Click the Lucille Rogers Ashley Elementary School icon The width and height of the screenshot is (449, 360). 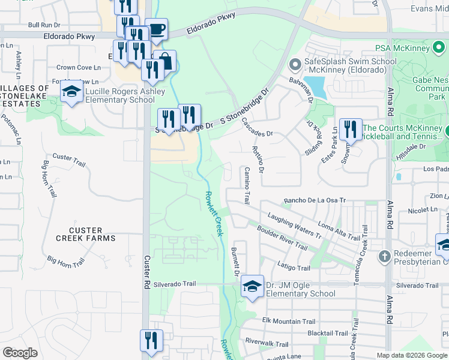click(x=71, y=92)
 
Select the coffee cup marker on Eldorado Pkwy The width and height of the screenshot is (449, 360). click(x=156, y=29)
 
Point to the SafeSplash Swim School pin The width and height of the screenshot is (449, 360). click(x=295, y=64)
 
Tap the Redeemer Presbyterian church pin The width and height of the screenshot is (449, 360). click(x=385, y=256)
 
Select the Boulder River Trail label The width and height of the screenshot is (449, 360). click(x=282, y=239)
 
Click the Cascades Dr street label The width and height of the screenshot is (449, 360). click(x=257, y=128)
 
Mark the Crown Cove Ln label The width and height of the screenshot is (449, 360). click(x=78, y=68)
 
